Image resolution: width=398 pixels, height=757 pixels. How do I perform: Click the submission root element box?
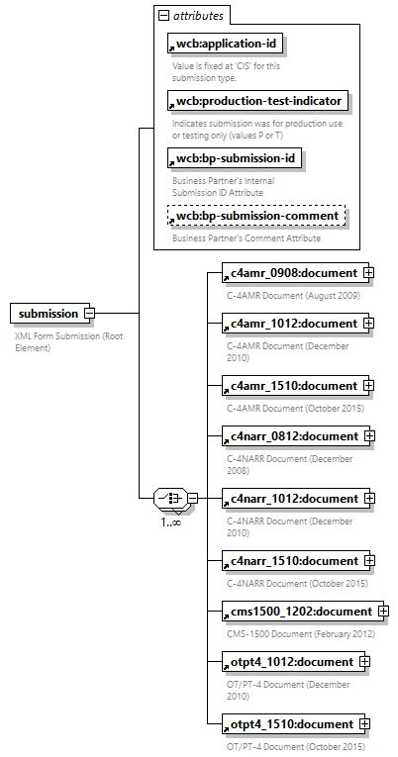(46, 314)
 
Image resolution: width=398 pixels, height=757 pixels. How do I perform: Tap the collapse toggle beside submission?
(89, 314)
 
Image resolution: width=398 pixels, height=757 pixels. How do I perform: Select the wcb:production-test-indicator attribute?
(258, 101)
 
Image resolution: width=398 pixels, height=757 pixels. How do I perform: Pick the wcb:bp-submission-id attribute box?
(234, 158)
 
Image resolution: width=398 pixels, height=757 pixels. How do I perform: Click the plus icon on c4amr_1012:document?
(367, 323)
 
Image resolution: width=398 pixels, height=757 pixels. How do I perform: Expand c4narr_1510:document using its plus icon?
(367, 560)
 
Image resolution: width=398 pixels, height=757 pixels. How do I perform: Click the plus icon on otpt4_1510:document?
(363, 723)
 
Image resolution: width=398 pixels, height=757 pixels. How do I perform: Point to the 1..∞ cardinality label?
(171, 521)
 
